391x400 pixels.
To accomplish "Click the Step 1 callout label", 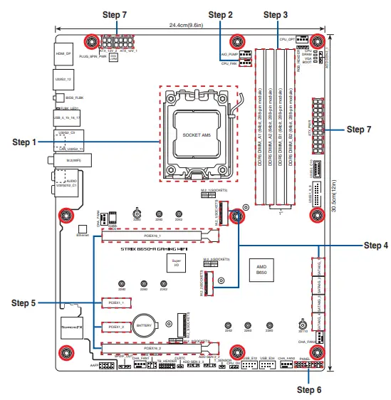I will (24, 142).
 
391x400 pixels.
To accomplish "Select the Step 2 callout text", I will (220, 14).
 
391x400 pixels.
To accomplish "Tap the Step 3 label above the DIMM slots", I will (276, 14).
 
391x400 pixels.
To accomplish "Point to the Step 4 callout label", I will (375, 246).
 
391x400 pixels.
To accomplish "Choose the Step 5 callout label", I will (24, 302).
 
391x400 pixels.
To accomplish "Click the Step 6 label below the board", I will (309, 390).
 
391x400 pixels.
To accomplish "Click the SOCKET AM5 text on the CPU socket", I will (197, 135).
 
